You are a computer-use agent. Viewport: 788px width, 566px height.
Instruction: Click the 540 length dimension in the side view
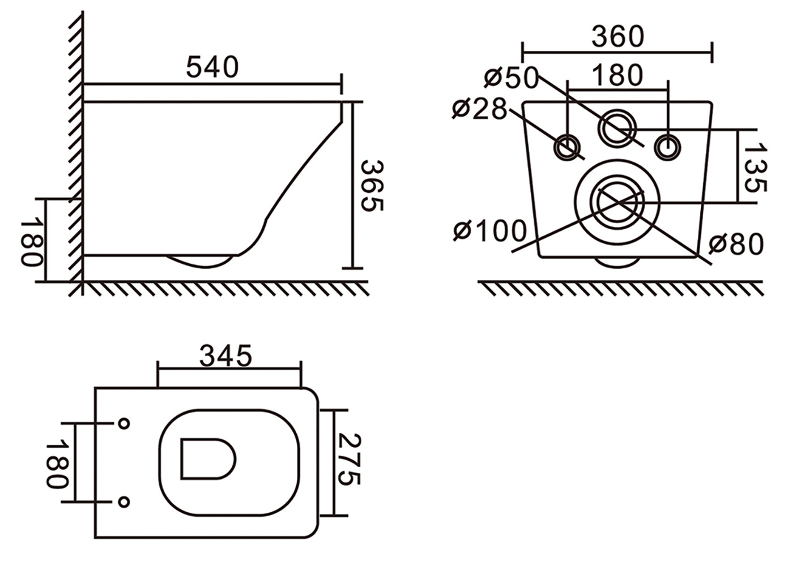coord(212,67)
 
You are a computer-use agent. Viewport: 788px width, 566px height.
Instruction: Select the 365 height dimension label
coord(372,186)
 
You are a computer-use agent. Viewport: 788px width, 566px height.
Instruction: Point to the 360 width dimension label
coord(617,37)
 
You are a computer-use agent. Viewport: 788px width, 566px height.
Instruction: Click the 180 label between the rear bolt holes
coord(617,75)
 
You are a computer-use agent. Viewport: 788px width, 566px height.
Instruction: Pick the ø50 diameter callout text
coord(512,78)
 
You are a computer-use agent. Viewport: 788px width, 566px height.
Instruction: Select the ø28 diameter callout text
coord(479,109)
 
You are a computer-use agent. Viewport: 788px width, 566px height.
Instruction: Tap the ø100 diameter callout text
coord(491,231)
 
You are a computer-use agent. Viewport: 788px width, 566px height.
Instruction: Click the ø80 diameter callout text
coord(736,245)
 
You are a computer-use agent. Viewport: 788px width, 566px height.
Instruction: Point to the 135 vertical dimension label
coord(755,168)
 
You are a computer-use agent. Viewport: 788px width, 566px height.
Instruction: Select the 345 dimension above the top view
coord(225,356)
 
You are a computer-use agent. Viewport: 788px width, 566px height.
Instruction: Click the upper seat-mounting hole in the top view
coord(123,423)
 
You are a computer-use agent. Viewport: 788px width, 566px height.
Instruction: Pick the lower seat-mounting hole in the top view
coord(123,501)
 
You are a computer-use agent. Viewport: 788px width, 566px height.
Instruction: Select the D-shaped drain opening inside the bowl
coord(207,458)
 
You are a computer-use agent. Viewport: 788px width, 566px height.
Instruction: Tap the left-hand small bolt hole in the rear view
coord(567,147)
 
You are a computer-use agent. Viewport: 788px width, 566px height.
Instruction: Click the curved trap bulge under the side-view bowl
coord(201,261)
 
